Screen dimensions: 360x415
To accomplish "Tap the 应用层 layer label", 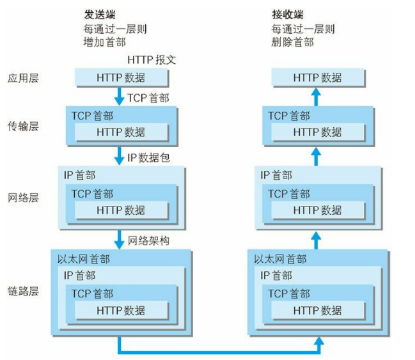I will coord(24,79).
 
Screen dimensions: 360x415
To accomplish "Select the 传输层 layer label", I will coord(24,126).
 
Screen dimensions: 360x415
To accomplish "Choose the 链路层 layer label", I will coord(24,291).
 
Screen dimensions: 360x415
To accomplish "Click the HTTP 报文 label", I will coord(152,60).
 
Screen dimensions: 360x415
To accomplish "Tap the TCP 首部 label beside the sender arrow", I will coord(148,98).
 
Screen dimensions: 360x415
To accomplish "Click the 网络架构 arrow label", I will coord(148,240).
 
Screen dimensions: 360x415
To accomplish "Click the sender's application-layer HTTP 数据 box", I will coord(121,78).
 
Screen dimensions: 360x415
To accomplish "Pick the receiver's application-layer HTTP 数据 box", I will coord(318,78).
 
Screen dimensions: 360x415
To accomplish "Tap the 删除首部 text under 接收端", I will coord(292,42).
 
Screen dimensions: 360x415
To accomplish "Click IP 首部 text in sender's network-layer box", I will coord(79,175).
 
